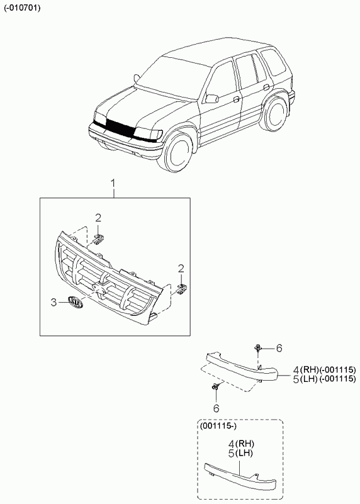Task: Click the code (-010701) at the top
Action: (x=22, y=8)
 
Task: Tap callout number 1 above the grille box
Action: (x=113, y=184)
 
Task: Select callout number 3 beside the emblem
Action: (x=53, y=303)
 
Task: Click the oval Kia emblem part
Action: (x=76, y=303)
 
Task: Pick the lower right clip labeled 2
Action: (x=182, y=288)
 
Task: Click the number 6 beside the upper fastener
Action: (x=279, y=348)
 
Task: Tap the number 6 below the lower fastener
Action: (x=217, y=408)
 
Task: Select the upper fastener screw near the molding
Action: (x=258, y=348)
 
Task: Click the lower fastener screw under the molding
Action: (x=216, y=386)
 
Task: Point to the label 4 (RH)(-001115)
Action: (x=325, y=369)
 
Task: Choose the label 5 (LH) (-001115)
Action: (x=325, y=379)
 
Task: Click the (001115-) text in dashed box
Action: (x=218, y=427)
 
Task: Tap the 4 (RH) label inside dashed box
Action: (x=241, y=444)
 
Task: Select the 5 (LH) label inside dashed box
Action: (x=240, y=454)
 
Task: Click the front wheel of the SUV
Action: (x=177, y=153)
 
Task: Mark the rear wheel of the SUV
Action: (x=274, y=113)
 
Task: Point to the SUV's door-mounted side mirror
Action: (x=212, y=98)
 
